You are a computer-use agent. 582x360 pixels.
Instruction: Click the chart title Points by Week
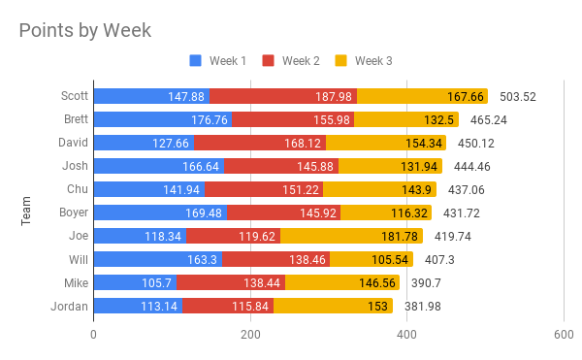coord(85,31)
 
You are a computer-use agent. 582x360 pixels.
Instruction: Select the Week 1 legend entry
coord(217,60)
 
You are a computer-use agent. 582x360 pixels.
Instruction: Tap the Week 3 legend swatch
coord(340,60)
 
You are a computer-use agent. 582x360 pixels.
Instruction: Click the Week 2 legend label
coord(301,60)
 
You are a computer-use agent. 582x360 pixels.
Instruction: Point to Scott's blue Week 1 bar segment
coord(151,96)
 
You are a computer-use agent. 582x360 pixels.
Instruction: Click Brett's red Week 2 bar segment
coord(293,119)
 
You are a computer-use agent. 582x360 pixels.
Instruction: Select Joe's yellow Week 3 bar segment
coord(351,236)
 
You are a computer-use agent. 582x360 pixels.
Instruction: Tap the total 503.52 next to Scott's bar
coord(518,97)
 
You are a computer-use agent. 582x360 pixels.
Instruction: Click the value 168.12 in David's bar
coord(303,143)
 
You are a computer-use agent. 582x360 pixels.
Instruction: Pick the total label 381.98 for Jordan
coord(423,307)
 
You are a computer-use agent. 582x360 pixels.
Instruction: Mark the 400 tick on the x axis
coord(406,335)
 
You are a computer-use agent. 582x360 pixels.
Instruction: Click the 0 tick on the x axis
coord(93,335)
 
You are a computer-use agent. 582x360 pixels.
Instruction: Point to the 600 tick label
coord(564,335)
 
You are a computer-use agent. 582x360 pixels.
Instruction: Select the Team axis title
coord(25,211)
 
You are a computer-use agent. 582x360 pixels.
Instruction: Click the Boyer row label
coord(74,213)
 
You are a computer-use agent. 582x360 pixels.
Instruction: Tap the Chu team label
coord(78,189)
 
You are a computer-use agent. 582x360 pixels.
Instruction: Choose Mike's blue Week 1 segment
coord(135,282)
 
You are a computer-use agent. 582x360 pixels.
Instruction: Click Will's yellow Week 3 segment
coord(372,259)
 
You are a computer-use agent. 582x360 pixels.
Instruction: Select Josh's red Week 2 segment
coord(281,166)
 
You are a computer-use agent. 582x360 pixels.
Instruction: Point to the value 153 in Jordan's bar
coord(377,307)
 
